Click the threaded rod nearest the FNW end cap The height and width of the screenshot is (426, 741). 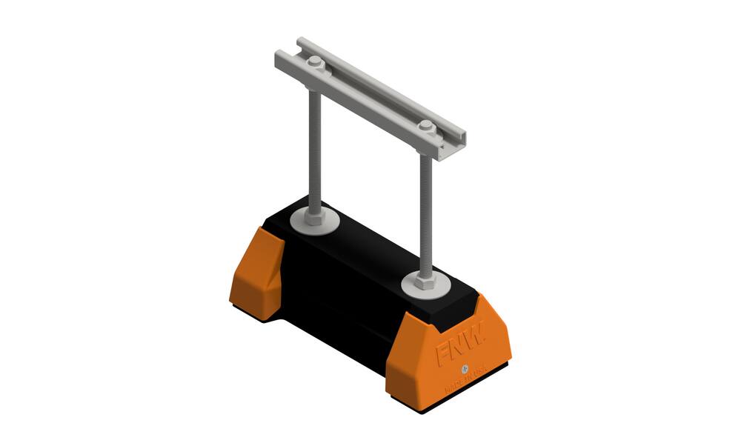pyautogui.click(x=425, y=215)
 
